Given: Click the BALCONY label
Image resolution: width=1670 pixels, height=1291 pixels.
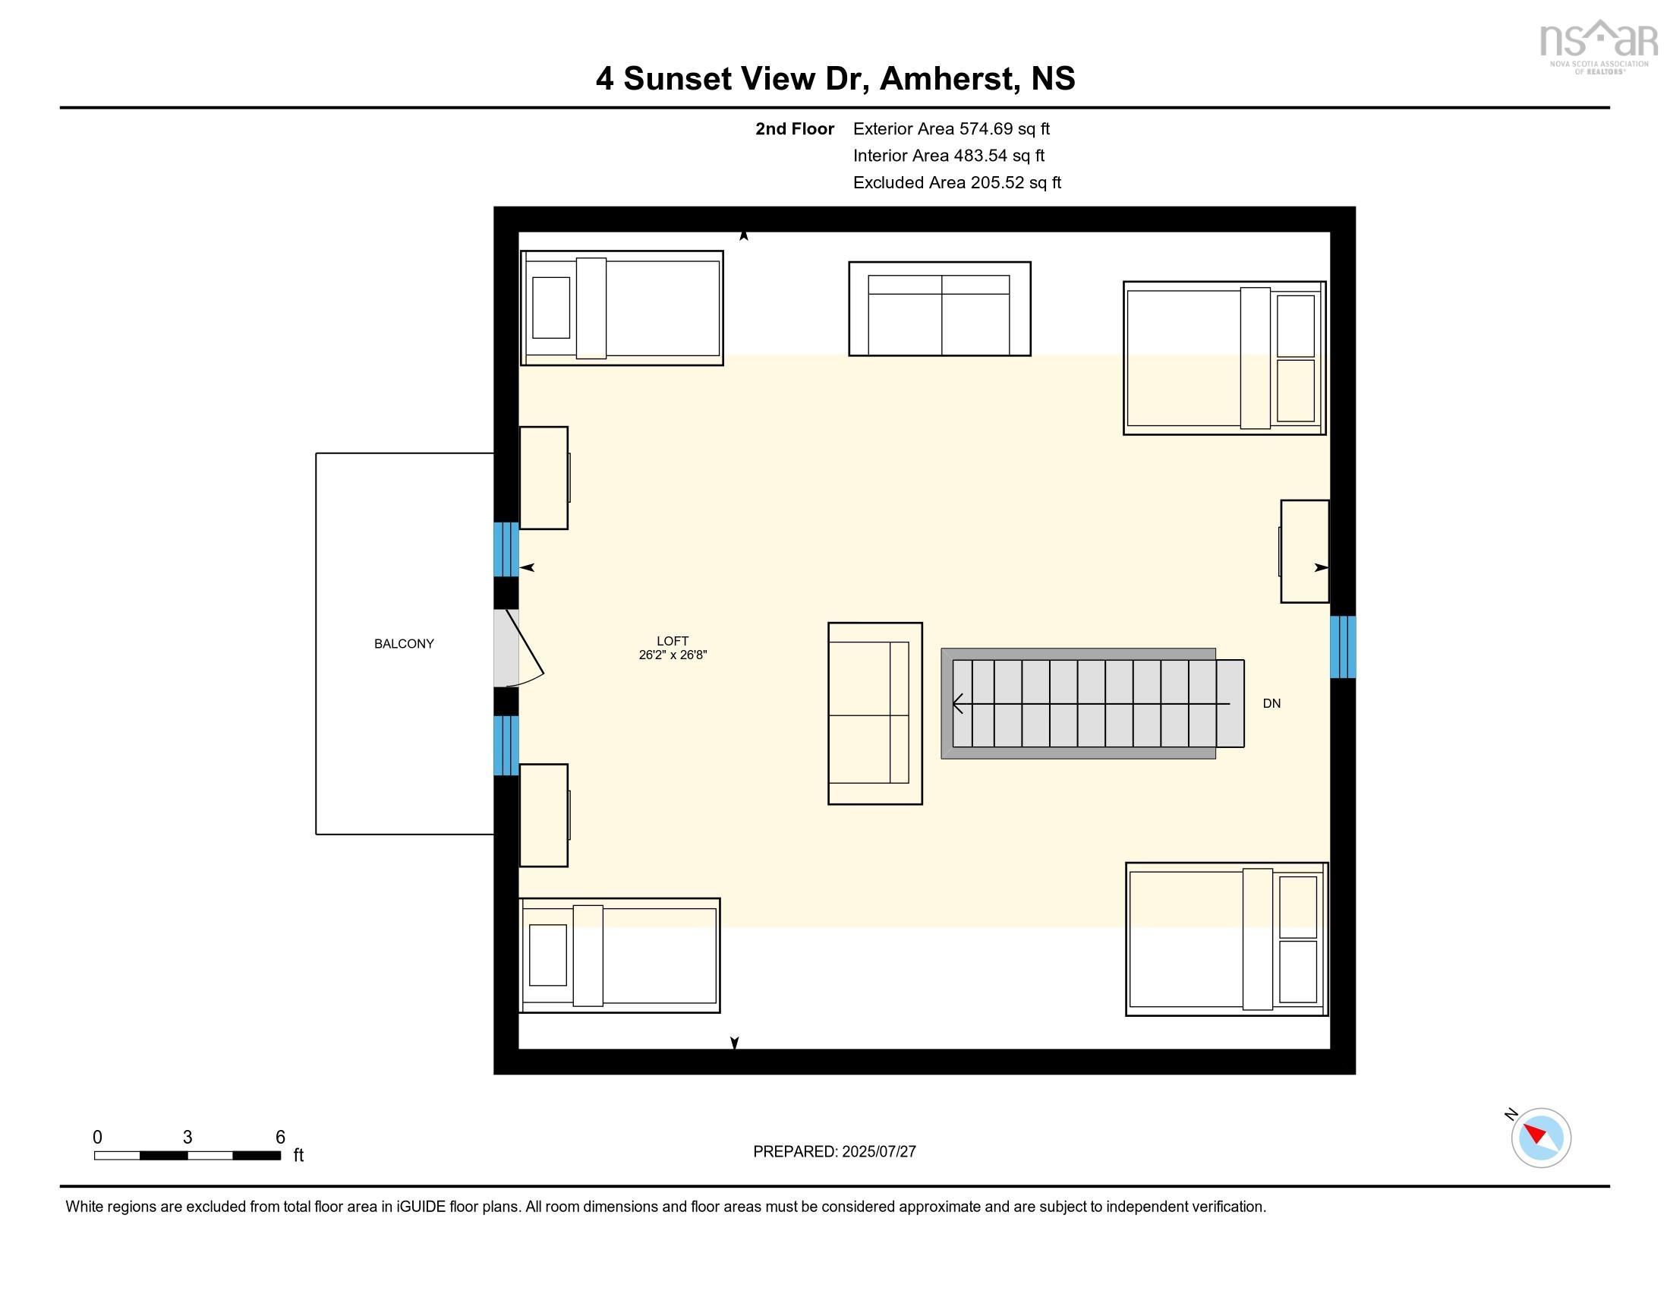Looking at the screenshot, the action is pos(404,644).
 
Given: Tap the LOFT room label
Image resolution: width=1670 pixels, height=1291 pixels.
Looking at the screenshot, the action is pos(673,641).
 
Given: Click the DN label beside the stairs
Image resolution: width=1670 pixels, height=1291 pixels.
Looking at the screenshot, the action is pos(1271,704).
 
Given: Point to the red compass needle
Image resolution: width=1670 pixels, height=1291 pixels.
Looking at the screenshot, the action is pos(1535,1133).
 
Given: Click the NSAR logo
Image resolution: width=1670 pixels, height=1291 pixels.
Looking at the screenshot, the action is pos(1597,46).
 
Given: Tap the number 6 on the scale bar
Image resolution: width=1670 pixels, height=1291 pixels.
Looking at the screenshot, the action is pos(280,1138).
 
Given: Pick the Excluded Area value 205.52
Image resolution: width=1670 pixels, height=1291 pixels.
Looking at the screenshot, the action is pos(997,182).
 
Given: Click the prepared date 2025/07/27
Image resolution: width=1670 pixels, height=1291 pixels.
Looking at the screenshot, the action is pos(878,1152).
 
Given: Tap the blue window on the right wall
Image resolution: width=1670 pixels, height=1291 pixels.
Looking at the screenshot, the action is pos(1343,647).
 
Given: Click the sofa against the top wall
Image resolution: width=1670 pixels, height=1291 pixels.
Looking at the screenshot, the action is pos(940,309).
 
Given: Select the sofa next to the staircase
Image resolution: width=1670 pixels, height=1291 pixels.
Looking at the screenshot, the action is pos(874,714).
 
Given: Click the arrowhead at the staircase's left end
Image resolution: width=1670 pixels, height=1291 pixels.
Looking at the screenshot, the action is pos(956,703).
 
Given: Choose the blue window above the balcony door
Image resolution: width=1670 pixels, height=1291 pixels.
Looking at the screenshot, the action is pos(506,549).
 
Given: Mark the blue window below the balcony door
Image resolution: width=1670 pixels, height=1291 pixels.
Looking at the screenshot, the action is pos(506,746).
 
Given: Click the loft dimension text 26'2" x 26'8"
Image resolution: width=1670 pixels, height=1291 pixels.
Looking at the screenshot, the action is pos(673,655).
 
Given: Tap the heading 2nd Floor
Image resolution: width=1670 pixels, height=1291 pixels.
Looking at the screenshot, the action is pos(795,128).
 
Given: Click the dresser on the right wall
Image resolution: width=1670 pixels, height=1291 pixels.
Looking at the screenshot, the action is pos(1304,551).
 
